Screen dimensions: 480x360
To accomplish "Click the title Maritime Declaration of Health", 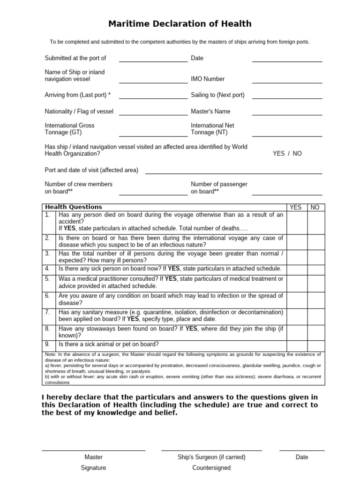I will click(180, 23).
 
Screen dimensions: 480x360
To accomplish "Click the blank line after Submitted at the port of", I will click(153, 60).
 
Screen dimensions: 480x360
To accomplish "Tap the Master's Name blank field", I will click(287, 114).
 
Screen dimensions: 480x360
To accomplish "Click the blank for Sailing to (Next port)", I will click(287, 97).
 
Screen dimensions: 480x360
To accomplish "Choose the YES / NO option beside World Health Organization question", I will click(287, 153).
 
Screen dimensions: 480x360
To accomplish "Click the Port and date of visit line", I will click(233, 172).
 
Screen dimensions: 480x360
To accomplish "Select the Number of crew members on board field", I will click(153, 194).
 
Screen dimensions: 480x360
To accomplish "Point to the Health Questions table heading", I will click(73, 207).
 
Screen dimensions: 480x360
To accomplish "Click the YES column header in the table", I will click(296, 207).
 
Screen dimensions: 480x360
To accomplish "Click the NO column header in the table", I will click(315, 207).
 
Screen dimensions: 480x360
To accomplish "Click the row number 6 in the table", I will click(47, 296).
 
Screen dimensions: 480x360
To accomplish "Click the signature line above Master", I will click(93, 450).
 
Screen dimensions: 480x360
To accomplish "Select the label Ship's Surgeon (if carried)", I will click(211, 457).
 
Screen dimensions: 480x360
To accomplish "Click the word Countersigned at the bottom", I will click(211, 468).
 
